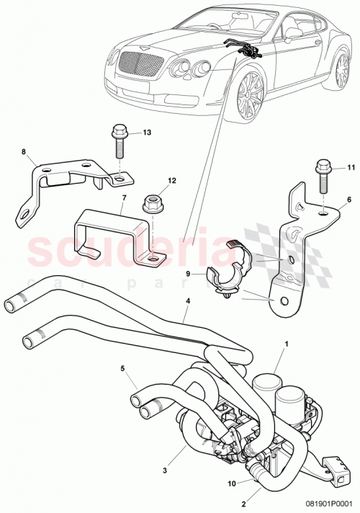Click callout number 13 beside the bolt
point(147,133)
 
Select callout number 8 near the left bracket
point(23,152)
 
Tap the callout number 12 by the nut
point(172,181)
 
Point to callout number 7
point(124,197)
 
